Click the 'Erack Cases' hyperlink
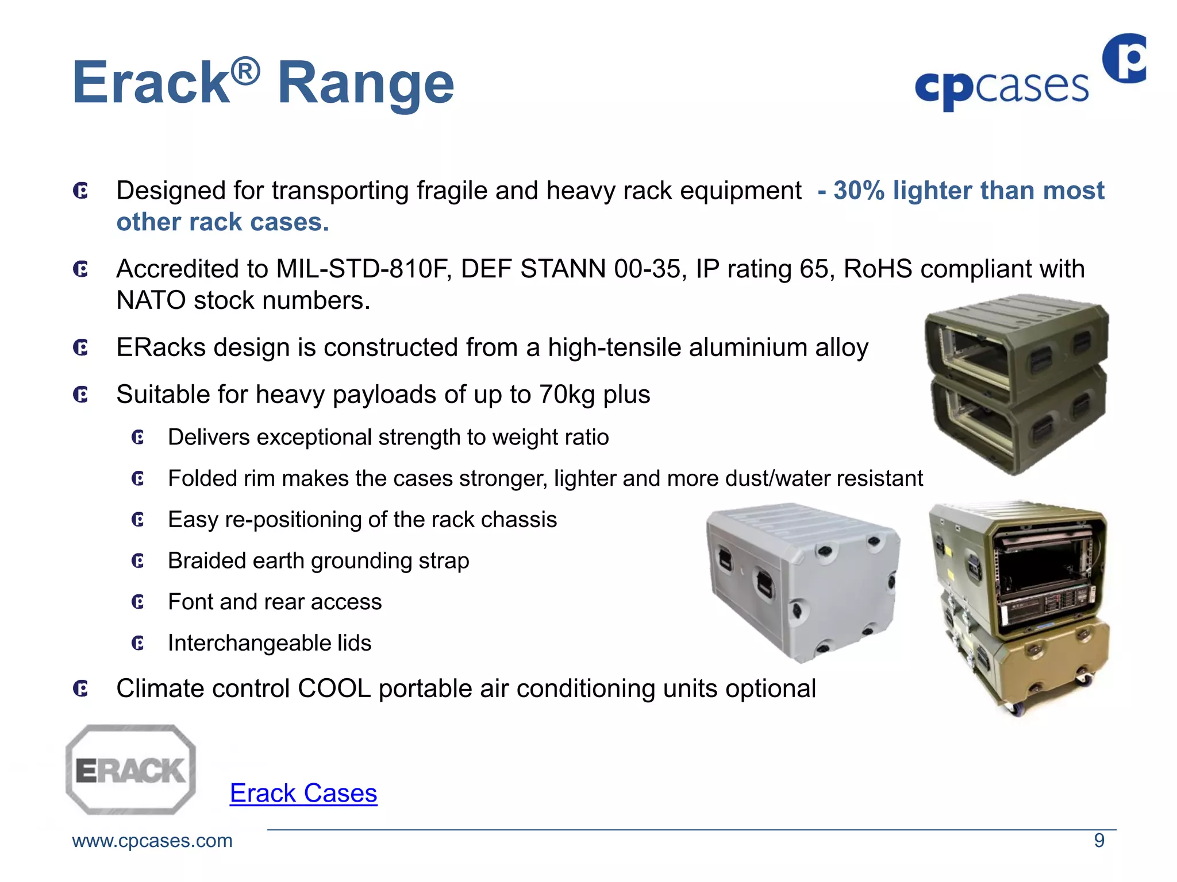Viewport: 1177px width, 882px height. tap(303, 793)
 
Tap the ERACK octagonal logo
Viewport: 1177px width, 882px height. tap(131, 769)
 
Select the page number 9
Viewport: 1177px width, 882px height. tap(1099, 841)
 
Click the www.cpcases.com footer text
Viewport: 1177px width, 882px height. tap(152, 841)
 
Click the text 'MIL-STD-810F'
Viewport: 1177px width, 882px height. tap(363, 269)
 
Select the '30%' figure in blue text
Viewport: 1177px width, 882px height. tap(859, 191)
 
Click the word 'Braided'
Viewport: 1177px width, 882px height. tap(206, 561)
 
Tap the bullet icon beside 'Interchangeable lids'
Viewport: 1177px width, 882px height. tap(138, 643)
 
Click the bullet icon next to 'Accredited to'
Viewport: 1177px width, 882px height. tap(81, 269)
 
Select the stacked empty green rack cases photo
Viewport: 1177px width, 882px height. tap(1016, 384)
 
